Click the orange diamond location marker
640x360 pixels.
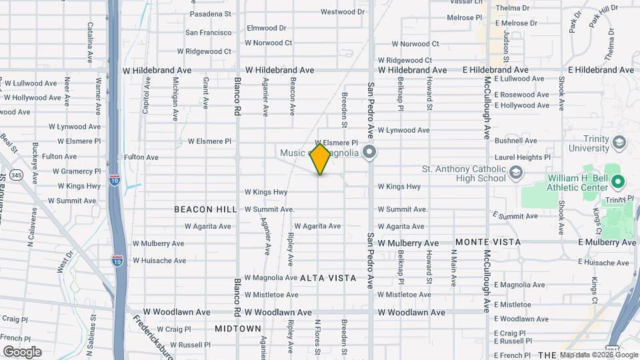320,159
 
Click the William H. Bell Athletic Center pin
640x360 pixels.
617,181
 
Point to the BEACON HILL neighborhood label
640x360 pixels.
205,209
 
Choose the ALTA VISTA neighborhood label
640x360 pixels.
328,277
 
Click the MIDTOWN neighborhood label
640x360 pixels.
238,329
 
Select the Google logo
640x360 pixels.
22,351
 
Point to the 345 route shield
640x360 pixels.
17,175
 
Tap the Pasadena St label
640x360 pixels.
210,13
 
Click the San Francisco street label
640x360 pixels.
208,32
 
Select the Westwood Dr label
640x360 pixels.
343,12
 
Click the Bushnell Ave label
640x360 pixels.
516,141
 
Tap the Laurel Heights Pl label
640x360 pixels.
522,157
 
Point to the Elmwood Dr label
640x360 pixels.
266,28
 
